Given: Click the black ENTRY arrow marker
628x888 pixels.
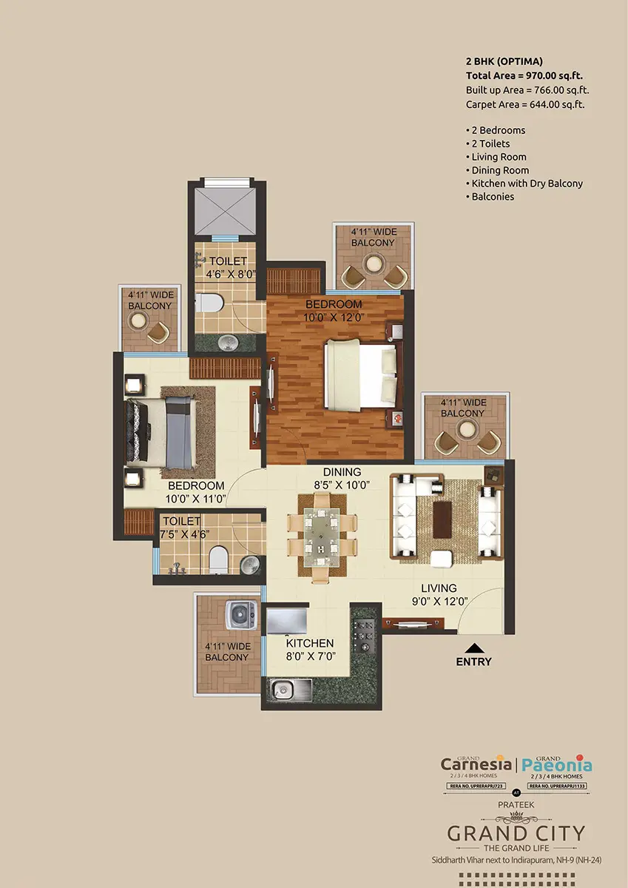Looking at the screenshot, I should [473, 647].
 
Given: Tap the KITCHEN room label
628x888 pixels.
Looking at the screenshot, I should [310, 643].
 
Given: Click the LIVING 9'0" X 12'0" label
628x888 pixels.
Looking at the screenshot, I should [439, 595].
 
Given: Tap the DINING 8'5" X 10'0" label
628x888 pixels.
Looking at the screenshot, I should [341, 478].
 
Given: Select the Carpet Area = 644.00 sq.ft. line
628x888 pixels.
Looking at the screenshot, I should [525, 104].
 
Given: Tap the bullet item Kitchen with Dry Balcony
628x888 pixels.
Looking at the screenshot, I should [524, 184].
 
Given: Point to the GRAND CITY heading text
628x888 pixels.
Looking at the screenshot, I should [516, 833].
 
